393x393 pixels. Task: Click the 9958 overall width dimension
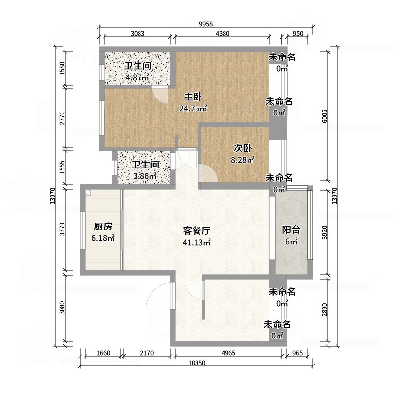pos(206,24)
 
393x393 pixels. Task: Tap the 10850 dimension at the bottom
pos(197,363)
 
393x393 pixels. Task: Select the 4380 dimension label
pos(223,33)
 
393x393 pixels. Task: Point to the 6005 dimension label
pos(324,116)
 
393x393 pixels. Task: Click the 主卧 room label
pos(193,97)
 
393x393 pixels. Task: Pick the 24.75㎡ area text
pos(193,108)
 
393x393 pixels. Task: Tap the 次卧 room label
pos(242,148)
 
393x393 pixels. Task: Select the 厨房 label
pos(103,226)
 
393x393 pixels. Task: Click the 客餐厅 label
pos(196,231)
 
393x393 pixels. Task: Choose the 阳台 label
pos(291,230)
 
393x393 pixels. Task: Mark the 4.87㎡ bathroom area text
pos(138,77)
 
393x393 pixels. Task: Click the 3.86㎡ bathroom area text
pos(145,176)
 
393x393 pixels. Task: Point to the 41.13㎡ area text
pos(196,242)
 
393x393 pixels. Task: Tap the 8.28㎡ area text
pos(243,160)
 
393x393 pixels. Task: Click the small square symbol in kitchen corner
pos(88,192)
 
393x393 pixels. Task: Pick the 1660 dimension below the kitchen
pos(103,353)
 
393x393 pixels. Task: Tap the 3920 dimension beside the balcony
pos(324,232)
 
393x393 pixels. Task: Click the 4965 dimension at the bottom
pos(228,353)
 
